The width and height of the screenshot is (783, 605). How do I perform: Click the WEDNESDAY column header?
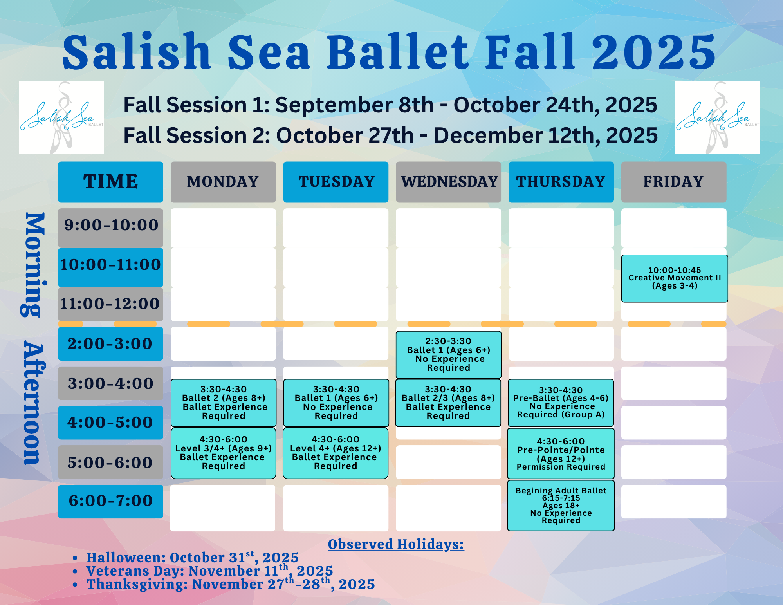click(x=449, y=182)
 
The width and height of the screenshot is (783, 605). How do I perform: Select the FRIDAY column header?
click(x=674, y=182)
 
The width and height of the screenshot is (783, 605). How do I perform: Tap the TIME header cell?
click(x=111, y=182)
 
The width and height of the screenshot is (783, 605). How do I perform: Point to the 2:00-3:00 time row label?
click(x=111, y=344)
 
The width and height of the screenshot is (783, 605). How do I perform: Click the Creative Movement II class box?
click(x=675, y=278)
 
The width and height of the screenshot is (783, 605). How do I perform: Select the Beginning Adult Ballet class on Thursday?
click(x=561, y=506)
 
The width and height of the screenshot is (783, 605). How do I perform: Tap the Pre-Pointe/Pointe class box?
click(x=561, y=453)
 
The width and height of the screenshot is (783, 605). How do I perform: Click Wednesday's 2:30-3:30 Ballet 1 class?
click(x=449, y=355)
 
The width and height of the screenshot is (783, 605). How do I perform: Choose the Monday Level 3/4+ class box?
click(x=224, y=453)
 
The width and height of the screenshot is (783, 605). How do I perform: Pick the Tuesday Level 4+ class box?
click(x=336, y=453)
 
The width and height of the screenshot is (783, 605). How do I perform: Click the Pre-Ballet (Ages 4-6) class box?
click(x=561, y=403)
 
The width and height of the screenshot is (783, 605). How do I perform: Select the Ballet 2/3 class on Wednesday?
click(x=448, y=403)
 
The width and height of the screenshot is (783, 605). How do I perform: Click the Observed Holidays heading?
click(x=396, y=544)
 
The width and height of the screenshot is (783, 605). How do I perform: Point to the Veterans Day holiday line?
click(x=210, y=571)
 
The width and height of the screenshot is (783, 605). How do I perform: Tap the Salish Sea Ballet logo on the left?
click(x=61, y=117)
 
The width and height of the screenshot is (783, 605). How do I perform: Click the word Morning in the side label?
click(x=34, y=265)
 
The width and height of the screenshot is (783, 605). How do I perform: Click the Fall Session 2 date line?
click(x=390, y=135)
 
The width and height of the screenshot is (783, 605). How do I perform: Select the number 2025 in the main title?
click(x=654, y=52)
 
